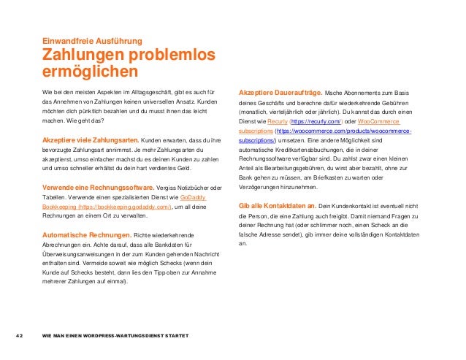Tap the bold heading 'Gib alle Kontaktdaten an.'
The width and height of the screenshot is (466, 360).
[278, 206]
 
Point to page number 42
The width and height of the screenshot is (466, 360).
[21, 336]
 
